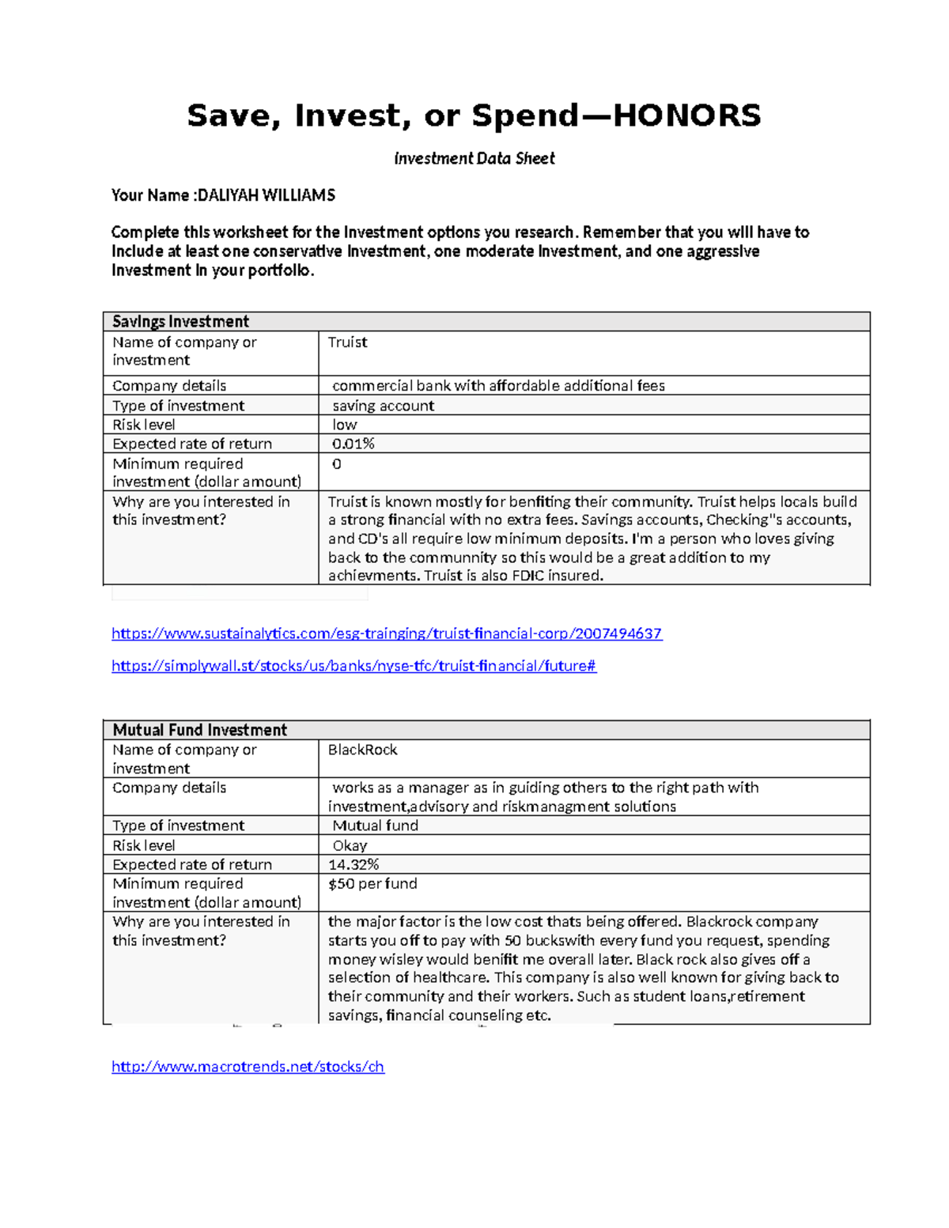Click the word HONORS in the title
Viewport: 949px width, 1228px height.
[x=686, y=116]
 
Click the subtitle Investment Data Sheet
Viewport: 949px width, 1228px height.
[x=475, y=158]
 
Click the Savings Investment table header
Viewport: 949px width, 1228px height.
[x=180, y=321]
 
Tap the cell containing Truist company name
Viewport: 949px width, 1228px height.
[x=348, y=342]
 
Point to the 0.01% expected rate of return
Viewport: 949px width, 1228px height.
[x=353, y=444]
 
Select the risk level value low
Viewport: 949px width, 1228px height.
[x=345, y=425]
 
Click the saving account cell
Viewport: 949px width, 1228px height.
[x=383, y=406]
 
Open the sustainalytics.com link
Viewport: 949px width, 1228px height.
[x=387, y=633]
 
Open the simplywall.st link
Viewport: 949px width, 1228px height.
[x=354, y=666]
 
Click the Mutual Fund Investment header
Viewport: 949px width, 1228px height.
[x=199, y=730]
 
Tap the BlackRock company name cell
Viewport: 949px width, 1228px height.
[x=362, y=750]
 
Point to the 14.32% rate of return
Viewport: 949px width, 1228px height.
[x=354, y=864]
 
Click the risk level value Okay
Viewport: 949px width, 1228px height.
[x=350, y=845]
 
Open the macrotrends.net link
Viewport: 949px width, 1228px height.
[x=248, y=1067]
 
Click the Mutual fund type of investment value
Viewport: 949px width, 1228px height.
[x=375, y=826]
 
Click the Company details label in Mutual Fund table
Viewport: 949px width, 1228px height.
[x=169, y=788]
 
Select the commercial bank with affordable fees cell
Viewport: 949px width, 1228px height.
[x=498, y=386]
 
